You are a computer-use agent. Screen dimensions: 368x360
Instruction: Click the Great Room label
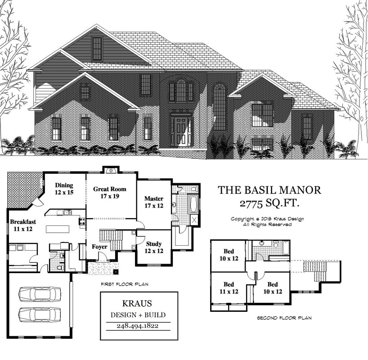pos(110,192)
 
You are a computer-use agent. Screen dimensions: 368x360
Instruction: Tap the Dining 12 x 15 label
pos(64,189)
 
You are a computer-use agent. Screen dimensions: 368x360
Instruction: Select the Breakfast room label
pos(23,225)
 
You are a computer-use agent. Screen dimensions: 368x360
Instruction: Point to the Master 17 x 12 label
pos(154,202)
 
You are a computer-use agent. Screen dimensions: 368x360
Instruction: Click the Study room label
pos(154,247)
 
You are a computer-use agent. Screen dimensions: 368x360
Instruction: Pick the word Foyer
pos(99,247)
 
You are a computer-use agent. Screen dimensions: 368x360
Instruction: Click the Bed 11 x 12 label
pos(229,288)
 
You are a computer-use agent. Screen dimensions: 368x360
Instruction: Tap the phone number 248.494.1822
pos(138,326)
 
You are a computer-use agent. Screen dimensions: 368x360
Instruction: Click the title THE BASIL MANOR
pos(269,190)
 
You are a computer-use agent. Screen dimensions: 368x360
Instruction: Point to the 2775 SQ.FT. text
pos(269,203)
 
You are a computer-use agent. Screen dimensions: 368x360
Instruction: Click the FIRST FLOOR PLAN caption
pos(125,284)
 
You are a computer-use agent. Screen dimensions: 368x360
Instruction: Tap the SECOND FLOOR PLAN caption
pos(284,318)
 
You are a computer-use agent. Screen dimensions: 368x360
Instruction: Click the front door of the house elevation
pos(181,131)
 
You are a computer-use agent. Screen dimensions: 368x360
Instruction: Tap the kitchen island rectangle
pos(58,229)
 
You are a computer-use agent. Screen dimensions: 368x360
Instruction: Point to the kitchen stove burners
pos(82,221)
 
